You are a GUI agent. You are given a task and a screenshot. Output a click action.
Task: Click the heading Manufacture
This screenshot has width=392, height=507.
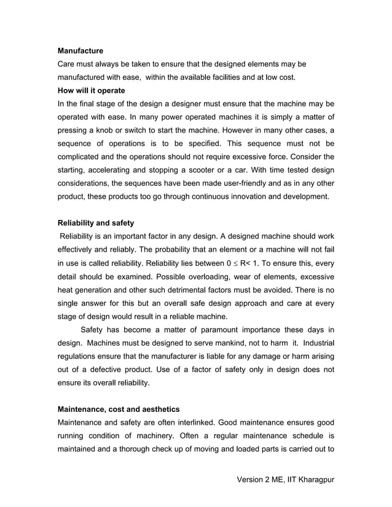80,50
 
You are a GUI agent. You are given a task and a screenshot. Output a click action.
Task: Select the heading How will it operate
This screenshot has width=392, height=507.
91,90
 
